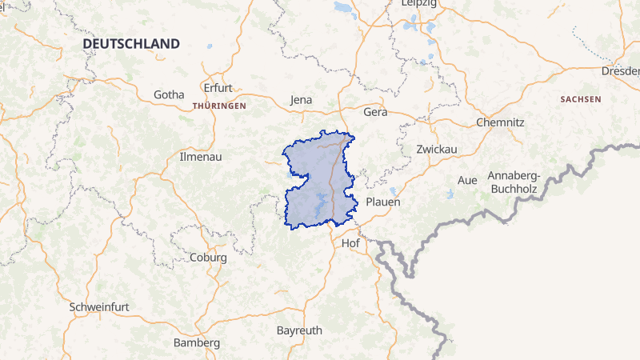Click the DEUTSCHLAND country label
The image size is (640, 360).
(x=131, y=43)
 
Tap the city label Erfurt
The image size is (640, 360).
(x=218, y=88)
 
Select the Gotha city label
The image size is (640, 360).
(x=169, y=94)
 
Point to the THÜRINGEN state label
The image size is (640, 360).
(x=219, y=106)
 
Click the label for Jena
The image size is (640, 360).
(x=301, y=100)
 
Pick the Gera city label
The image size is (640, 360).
(x=375, y=112)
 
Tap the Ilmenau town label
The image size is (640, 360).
(x=201, y=157)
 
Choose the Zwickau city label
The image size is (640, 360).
(x=436, y=150)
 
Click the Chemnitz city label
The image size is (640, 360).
(x=500, y=122)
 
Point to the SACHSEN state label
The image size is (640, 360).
(x=581, y=99)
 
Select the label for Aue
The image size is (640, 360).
(x=466, y=180)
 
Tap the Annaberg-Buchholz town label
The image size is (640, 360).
(x=521, y=183)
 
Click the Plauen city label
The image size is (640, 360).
(x=382, y=202)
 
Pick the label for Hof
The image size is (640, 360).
(x=350, y=242)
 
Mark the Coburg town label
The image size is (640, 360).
(x=208, y=258)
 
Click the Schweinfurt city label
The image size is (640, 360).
(x=100, y=306)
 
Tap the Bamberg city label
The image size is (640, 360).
(x=197, y=342)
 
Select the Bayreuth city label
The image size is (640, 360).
(x=298, y=330)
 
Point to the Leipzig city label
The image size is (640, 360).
(x=418, y=4)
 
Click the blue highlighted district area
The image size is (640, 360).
(x=312, y=180)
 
